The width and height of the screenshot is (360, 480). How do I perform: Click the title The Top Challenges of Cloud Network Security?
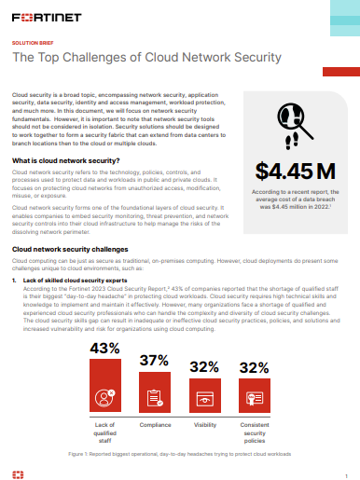146,59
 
